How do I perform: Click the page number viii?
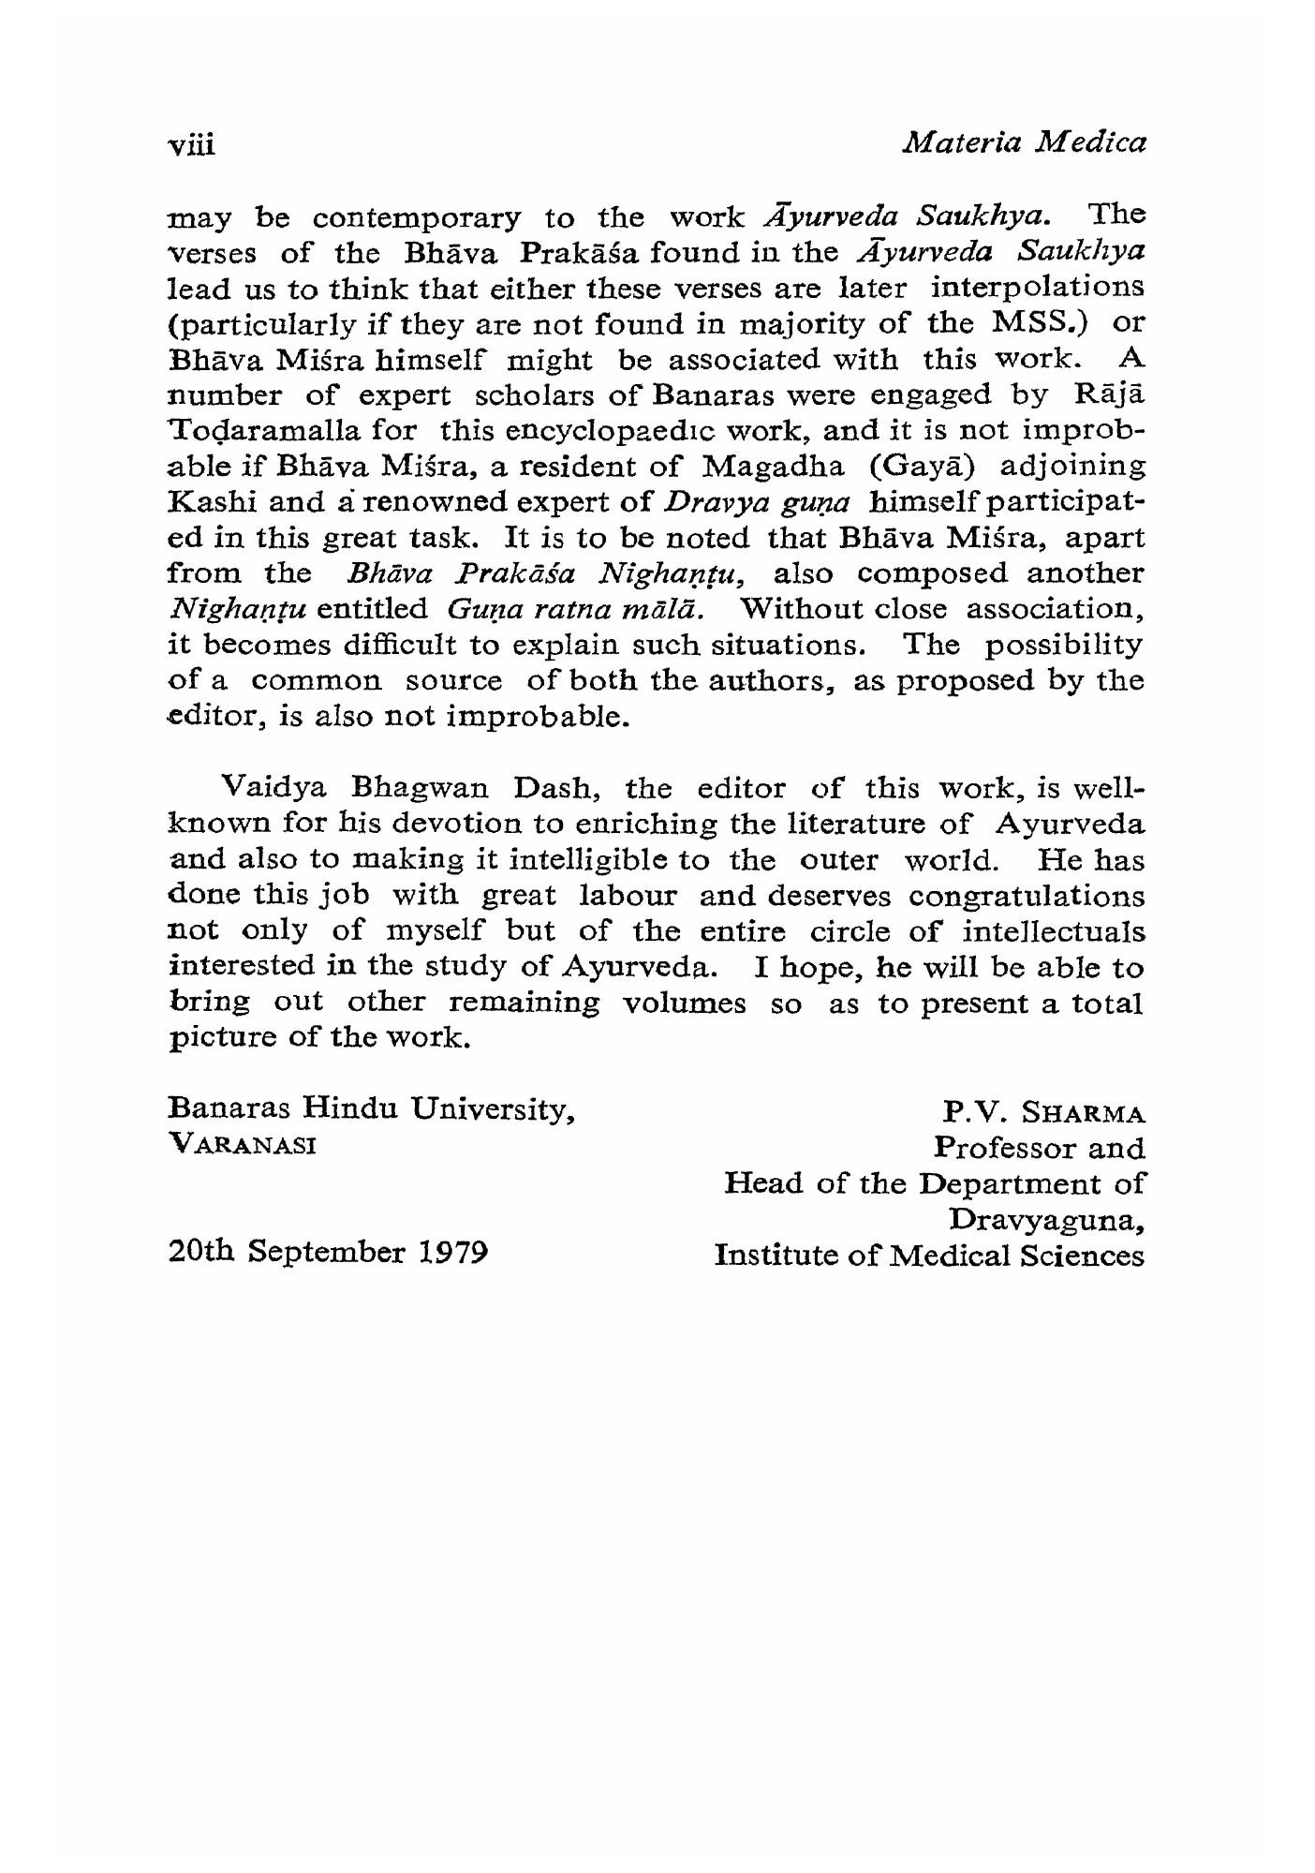pos(191,146)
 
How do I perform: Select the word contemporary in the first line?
pos(416,219)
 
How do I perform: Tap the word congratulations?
pos(1026,897)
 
